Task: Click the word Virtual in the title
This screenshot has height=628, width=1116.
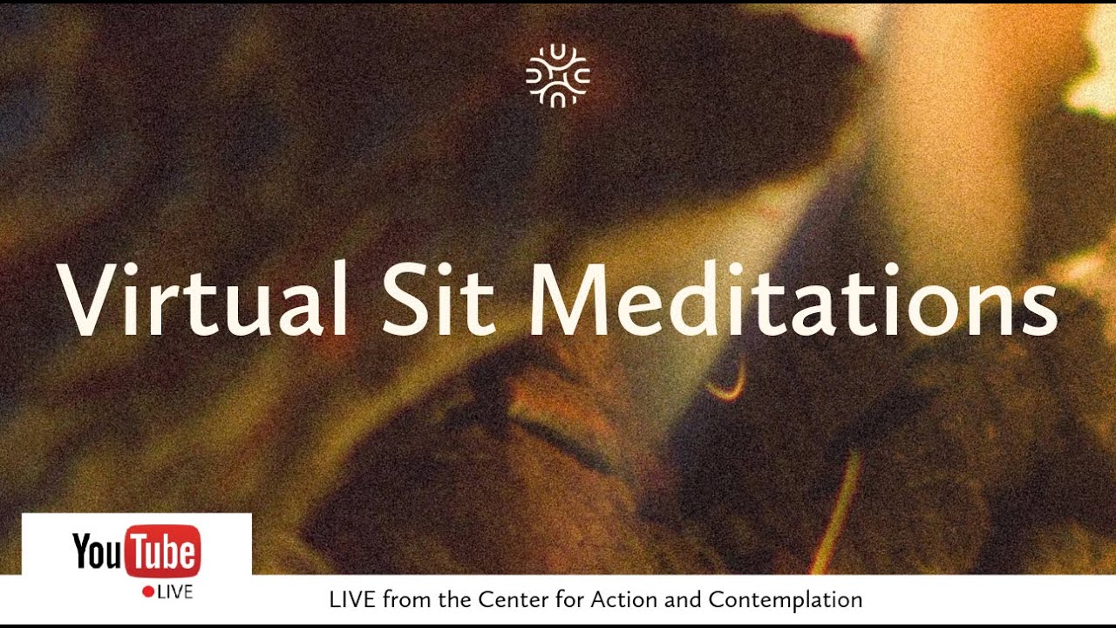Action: pyautogui.click(x=201, y=298)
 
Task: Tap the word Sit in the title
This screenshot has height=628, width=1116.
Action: pyautogui.click(x=439, y=299)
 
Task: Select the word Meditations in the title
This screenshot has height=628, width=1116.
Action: pyautogui.click(x=793, y=298)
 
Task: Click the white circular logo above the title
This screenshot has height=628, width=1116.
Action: pyautogui.click(x=558, y=76)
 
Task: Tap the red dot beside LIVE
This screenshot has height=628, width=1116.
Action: pyautogui.click(x=148, y=591)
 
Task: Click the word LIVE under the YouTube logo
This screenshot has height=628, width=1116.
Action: pyautogui.click(x=175, y=592)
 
